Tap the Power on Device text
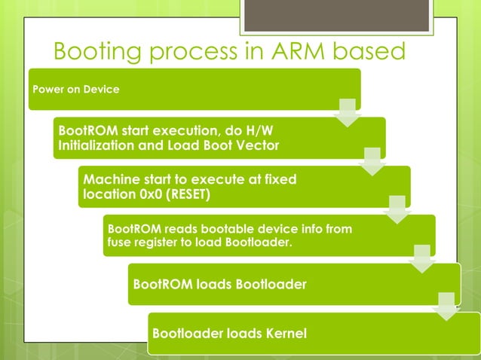(75, 89)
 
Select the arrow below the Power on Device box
(348, 112)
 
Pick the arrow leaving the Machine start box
(397, 209)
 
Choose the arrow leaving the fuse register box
(422, 258)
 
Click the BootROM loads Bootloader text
(219, 285)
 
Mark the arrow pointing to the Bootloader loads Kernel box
(447, 307)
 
